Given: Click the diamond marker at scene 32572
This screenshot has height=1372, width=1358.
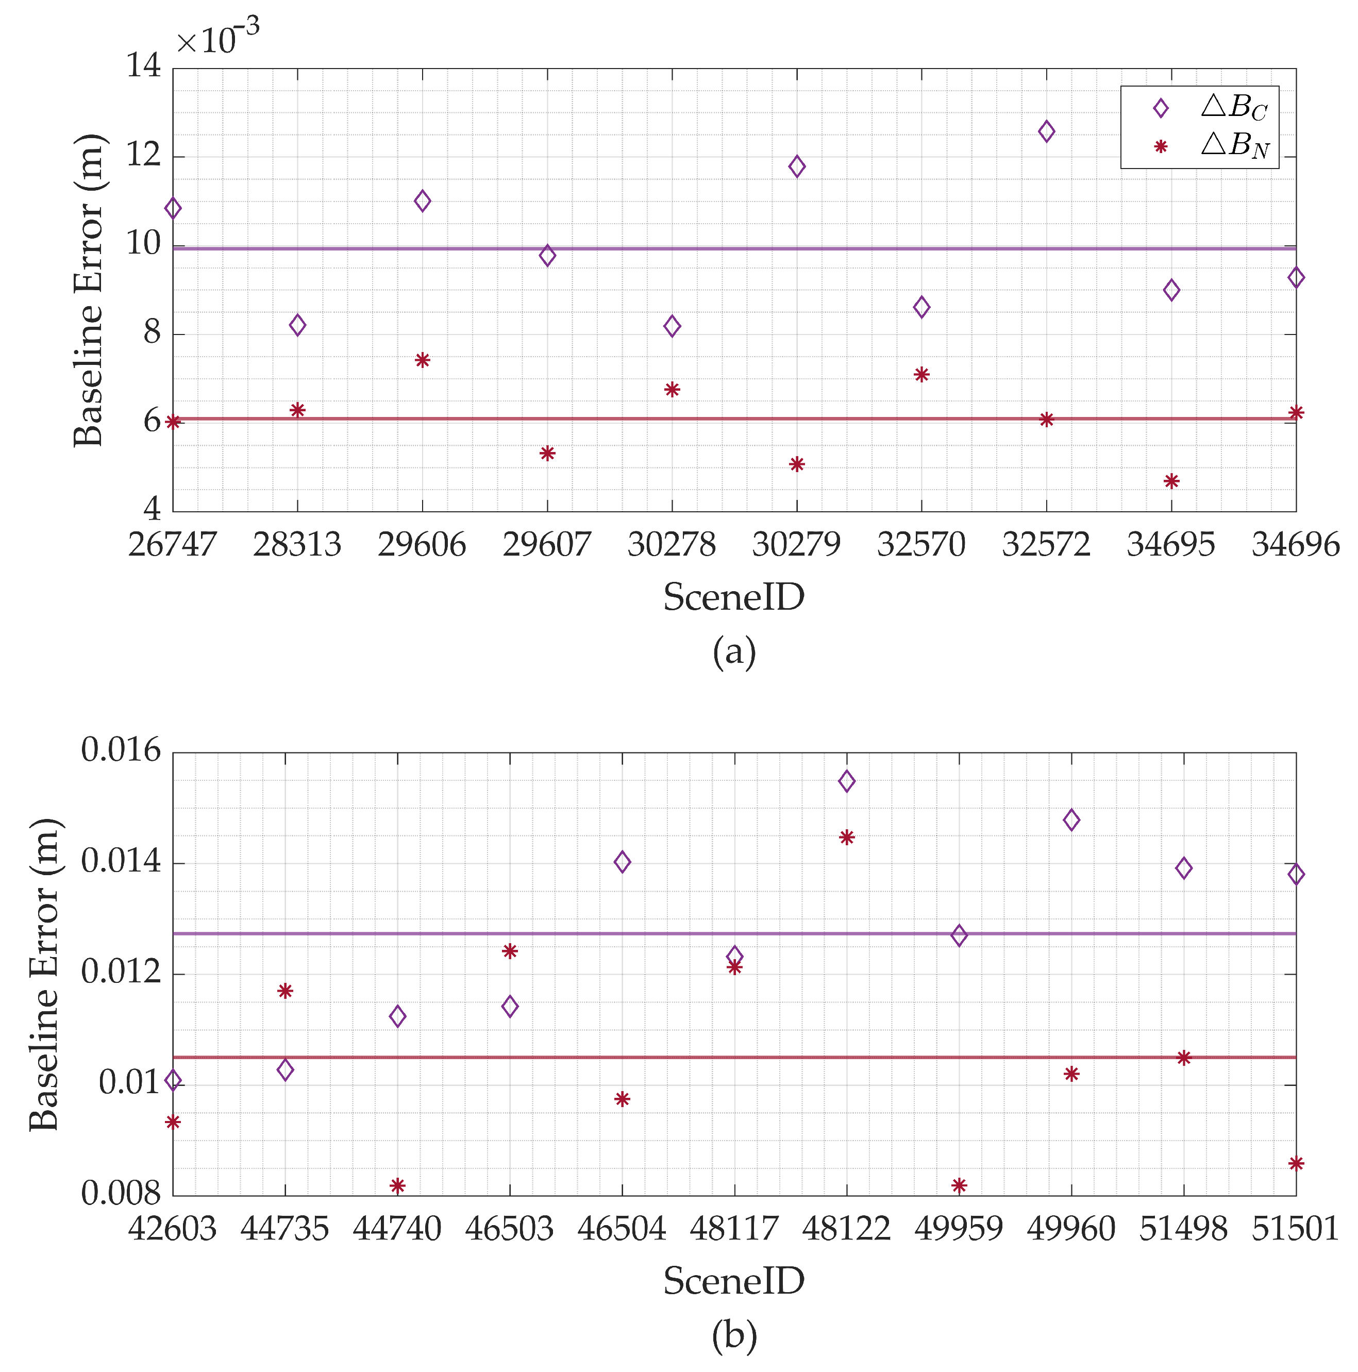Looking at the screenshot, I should pyautogui.click(x=1046, y=131).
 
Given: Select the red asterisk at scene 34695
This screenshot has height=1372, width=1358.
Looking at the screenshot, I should pyautogui.click(x=1171, y=481).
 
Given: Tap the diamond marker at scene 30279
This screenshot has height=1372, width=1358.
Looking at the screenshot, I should pyautogui.click(x=796, y=166).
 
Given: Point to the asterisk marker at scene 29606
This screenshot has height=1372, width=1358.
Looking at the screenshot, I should pyautogui.click(x=422, y=360).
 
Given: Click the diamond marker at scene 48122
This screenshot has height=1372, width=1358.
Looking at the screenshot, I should pyautogui.click(x=846, y=781).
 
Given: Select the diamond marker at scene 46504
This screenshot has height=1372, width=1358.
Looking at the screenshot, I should pyautogui.click(x=622, y=862).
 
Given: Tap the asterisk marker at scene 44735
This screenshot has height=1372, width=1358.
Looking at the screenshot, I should pyautogui.click(x=285, y=991).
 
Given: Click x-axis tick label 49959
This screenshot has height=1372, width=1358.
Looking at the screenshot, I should pyautogui.click(x=958, y=1229).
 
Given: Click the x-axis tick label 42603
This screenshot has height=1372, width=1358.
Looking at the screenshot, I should pyautogui.click(x=172, y=1229).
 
